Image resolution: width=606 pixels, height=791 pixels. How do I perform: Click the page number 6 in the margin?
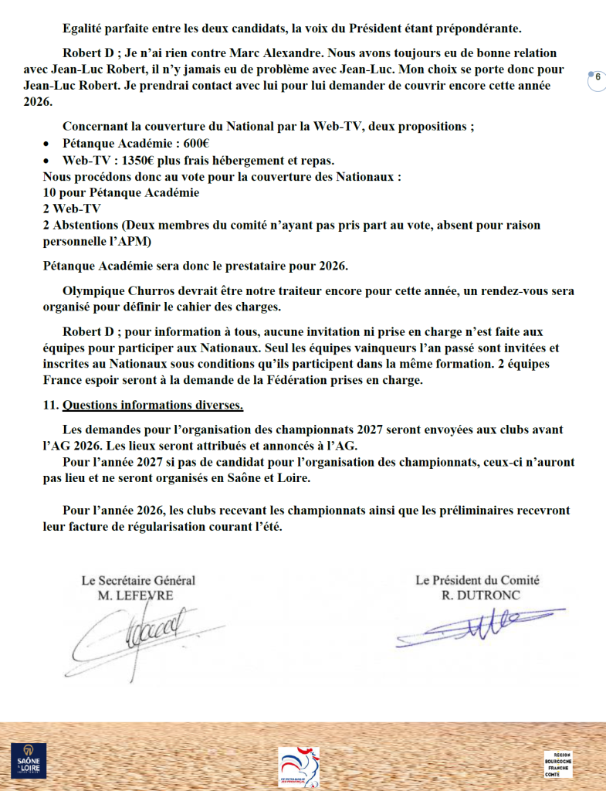pyautogui.click(x=597, y=77)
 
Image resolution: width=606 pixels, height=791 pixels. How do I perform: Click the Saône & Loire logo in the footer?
pyautogui.click(x=29, y=759)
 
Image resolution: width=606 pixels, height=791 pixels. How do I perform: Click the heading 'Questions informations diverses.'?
pyautogui.click(x=153, y=406)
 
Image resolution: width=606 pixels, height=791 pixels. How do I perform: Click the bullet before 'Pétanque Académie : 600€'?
pyautogui.click(x=47, y=144)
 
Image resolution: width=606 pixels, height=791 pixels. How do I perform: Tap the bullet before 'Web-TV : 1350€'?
pyautogui.click(x=47, y=161)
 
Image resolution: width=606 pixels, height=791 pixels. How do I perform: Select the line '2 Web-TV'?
pyautogui.click(x=71, y=209)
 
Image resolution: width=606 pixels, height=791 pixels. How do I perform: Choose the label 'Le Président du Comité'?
pyautogui.click(x=477, y=580)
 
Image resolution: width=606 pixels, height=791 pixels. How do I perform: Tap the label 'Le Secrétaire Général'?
pyautogui.click(x=138, y=580)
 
